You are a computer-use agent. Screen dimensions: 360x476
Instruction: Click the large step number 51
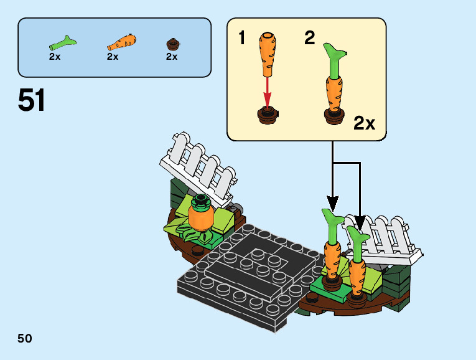pyautogui.click(x=32, y=100)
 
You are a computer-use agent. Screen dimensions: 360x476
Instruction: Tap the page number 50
pyautogui.click(x=25, y=338)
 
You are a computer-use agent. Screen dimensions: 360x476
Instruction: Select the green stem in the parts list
pyautogui.click(x=62, y=44)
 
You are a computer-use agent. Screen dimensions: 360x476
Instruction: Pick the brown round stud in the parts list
pyautogui.click(x=172, y=44)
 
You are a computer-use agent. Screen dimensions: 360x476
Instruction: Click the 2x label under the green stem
pyautogui.click(x=55, y=57)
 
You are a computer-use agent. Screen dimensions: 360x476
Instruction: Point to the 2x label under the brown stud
pyautogui.click(x=172, y=57)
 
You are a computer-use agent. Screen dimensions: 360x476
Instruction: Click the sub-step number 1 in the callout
pyautogui.click(x=242, y=39)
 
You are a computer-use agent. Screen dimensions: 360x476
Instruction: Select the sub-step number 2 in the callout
pyautogui.click(x=309, y=37)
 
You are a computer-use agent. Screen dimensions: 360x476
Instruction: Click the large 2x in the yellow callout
pyautogui.click(x=364, y=123)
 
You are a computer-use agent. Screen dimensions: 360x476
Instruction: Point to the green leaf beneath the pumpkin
pyautogui.click(x=187, y=231)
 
